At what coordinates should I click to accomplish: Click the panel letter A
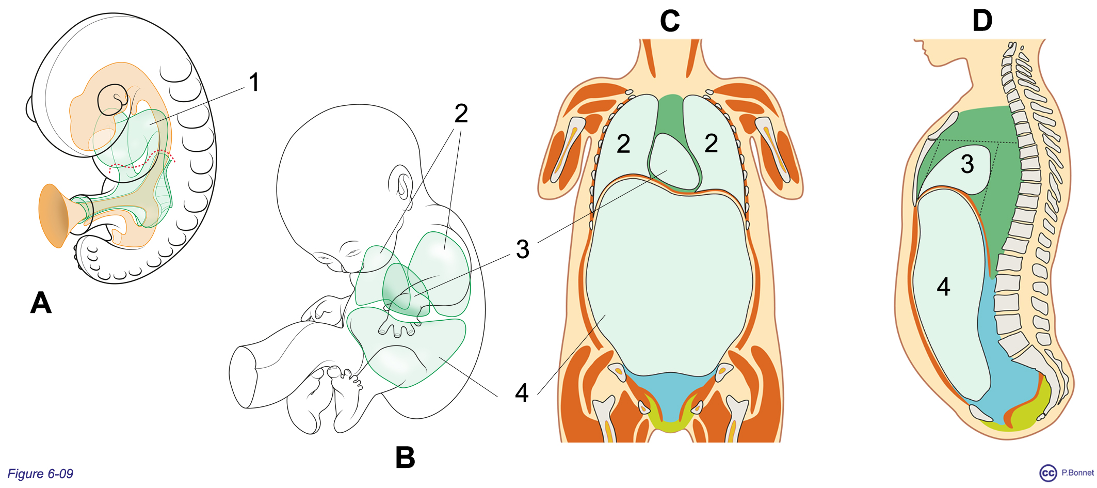pos(41,303)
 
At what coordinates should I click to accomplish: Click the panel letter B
pos(405,457)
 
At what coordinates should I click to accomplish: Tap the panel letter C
pos(670,21)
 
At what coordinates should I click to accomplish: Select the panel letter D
pos(982,21)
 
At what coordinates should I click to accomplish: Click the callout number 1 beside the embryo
pos(254,82)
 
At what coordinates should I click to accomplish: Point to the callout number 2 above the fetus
pos(461,113)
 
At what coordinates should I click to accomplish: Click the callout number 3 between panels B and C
pos(523,249)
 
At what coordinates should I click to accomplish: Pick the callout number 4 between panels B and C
pos(522,392)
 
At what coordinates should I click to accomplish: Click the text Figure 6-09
pos(40,474)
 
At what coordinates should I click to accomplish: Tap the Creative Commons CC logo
pos(1048,473)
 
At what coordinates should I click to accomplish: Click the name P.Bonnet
pos(1077,473)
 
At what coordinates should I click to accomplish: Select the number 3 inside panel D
pos(967,164)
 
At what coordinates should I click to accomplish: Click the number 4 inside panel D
pos(944,286)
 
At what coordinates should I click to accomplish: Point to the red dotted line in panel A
pos(142,161)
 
